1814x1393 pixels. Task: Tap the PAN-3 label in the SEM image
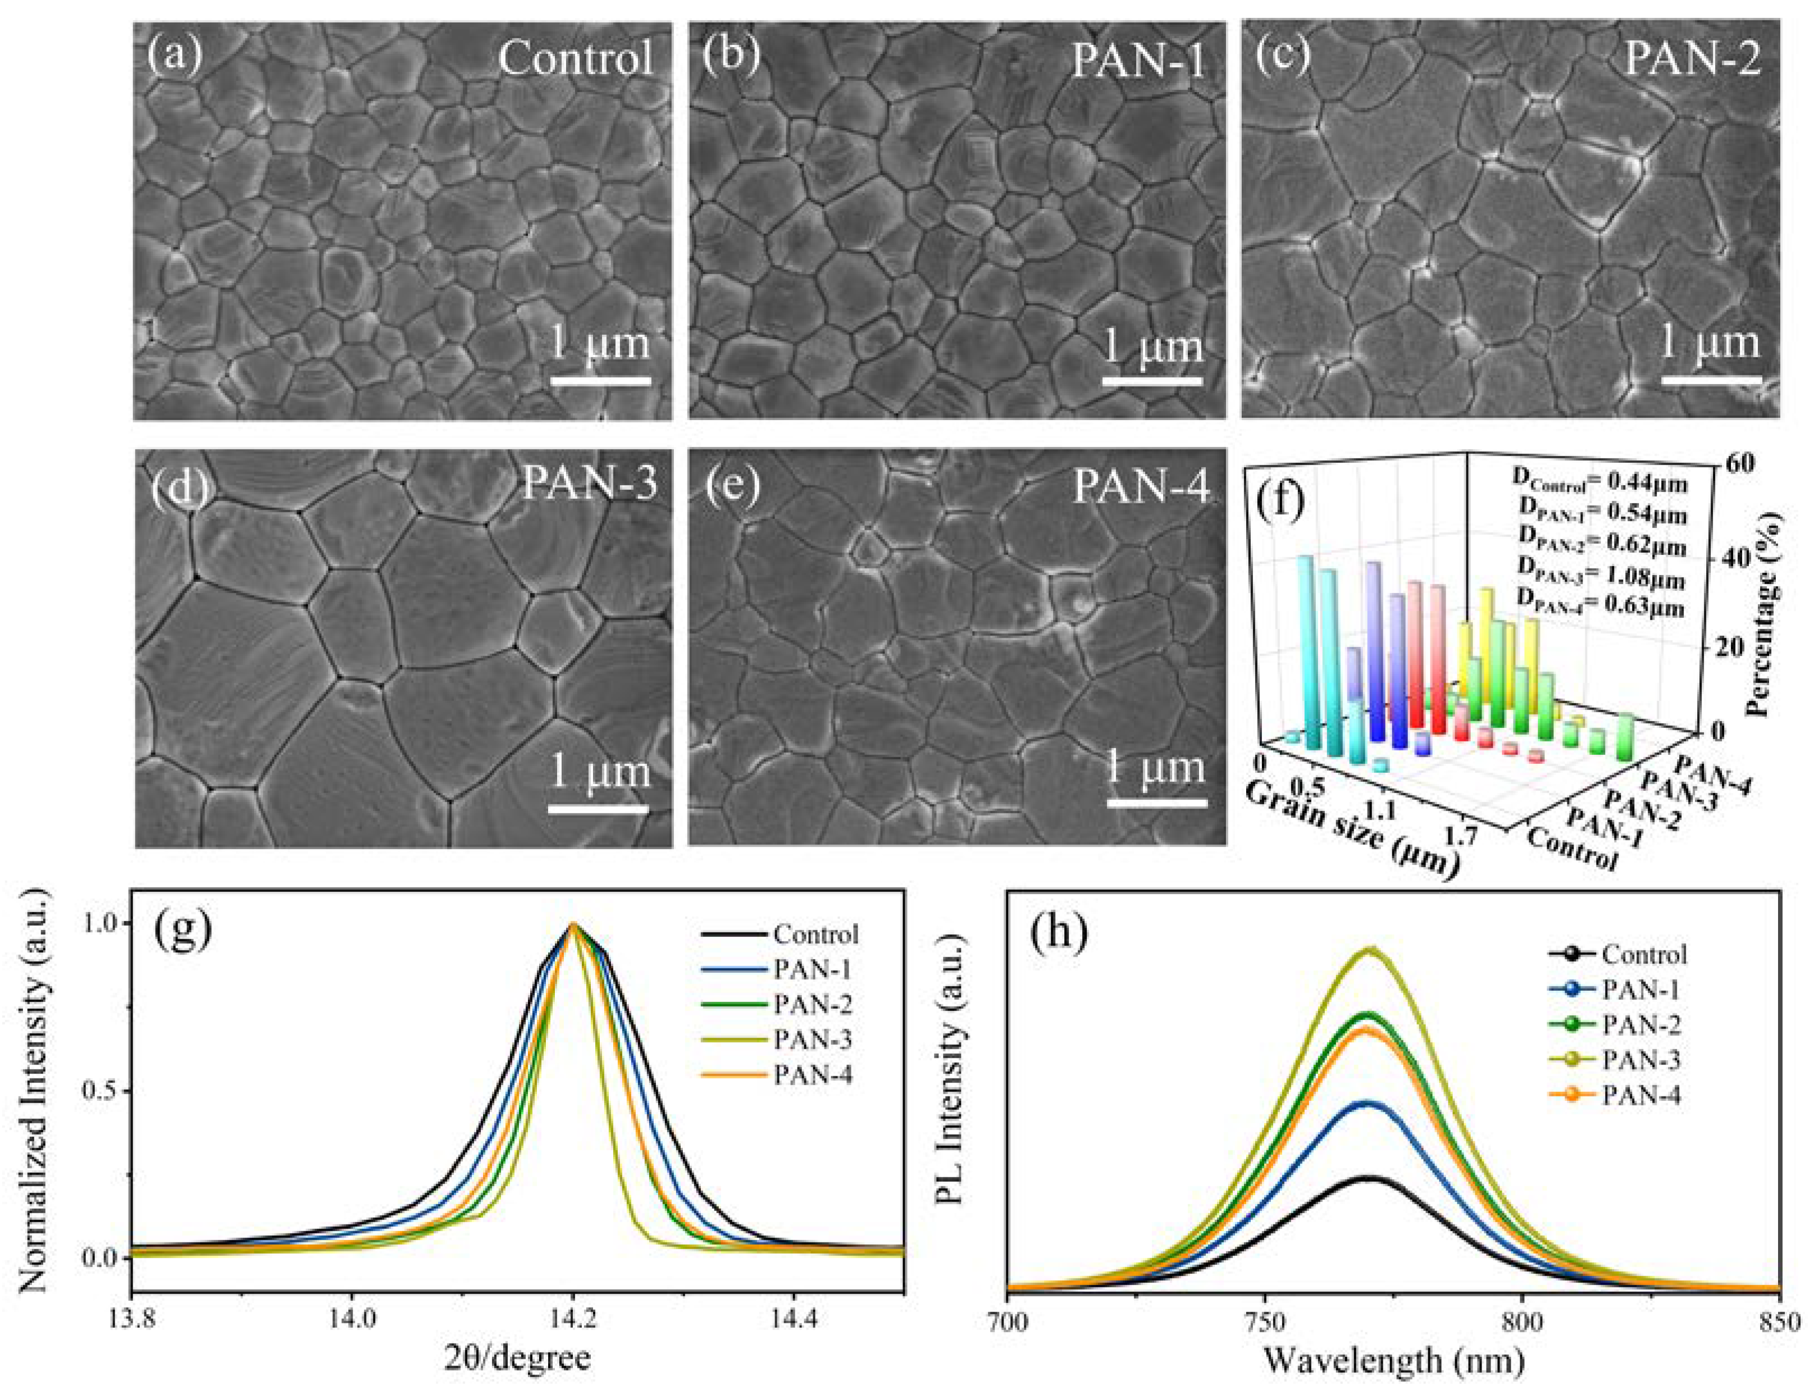pos(590,484)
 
